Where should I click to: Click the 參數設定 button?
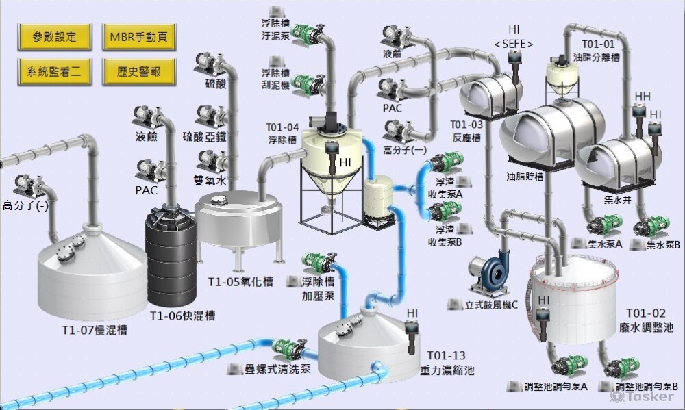54,36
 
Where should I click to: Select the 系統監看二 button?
54,71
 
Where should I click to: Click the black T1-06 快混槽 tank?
171,260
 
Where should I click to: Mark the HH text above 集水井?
643,96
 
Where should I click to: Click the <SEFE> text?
513,44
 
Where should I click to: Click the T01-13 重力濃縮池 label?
446,363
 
